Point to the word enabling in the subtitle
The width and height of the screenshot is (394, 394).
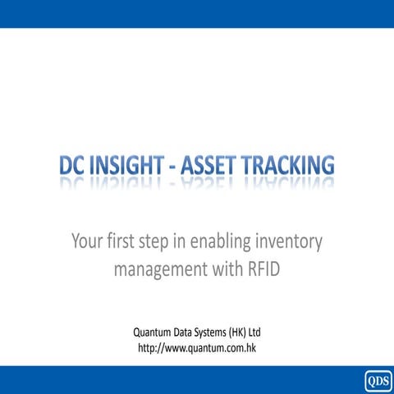[215, 242]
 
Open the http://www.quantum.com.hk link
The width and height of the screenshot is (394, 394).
[197, 348]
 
